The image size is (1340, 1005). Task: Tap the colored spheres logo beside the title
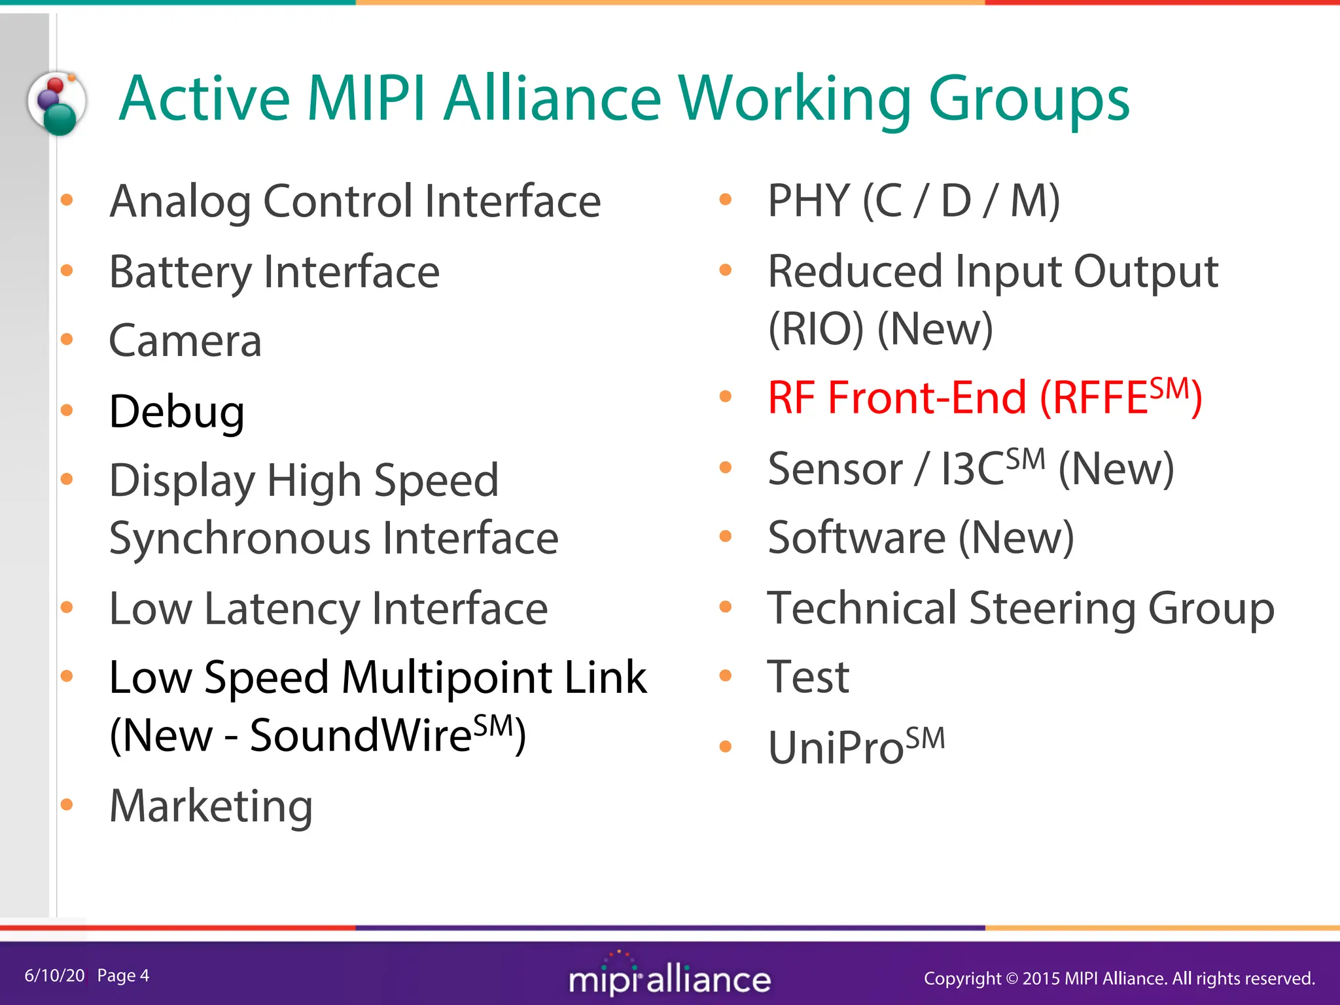pyautogui.click(x=58, y=103)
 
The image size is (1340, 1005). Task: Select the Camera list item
pyautogui.click(x=185, y=341)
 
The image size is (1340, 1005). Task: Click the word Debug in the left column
pyautogui.click(x=177, y=412)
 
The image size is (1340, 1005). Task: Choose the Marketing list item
pyautogui.click(x=211, y=806)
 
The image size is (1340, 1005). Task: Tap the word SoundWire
pyautogui.click(x=361, y=735)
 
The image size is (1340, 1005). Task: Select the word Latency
pyautogui.click(x=282, y=609)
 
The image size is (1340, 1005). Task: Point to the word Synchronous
pyautogui.click(x=239, y=538)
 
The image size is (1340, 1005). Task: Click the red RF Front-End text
pyautogui.click(x=897, y=398)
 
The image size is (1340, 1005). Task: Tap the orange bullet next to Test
pyautogui.click(x=725, y=676)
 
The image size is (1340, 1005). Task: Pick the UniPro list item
pyautogui.click(x=856, y=747)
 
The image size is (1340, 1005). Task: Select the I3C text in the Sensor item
pyautogui.click(x=972, y=469)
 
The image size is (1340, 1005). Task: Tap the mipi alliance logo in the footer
pyautogui.click(x=669, y=977)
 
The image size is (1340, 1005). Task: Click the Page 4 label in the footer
pyautogui.click(x=123, y=976)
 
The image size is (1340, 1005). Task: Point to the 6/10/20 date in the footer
pyautogui.click(x=54, y=976)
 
